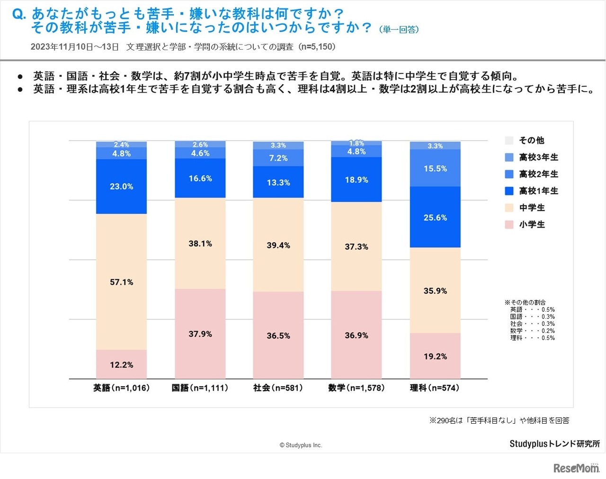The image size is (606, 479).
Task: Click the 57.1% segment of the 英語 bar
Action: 121,282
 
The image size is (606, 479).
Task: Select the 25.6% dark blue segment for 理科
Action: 435,218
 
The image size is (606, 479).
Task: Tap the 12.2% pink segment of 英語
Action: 121,365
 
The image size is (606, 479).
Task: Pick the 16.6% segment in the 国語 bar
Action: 200,178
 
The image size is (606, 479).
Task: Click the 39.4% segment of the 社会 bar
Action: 278,245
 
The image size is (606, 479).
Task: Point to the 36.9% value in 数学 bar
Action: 356,335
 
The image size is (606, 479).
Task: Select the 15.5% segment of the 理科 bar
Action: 435,168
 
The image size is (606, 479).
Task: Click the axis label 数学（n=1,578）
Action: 356,388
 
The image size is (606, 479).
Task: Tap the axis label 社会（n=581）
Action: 278,388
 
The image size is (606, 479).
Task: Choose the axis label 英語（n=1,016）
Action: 121,388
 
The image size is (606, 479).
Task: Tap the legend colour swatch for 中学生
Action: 509,208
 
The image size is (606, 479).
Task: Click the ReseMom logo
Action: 576,468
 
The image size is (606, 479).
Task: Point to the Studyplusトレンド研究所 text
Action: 554,444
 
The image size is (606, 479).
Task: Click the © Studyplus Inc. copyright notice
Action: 301,445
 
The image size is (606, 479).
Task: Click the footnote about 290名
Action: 499,420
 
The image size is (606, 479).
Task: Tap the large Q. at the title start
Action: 19,14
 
